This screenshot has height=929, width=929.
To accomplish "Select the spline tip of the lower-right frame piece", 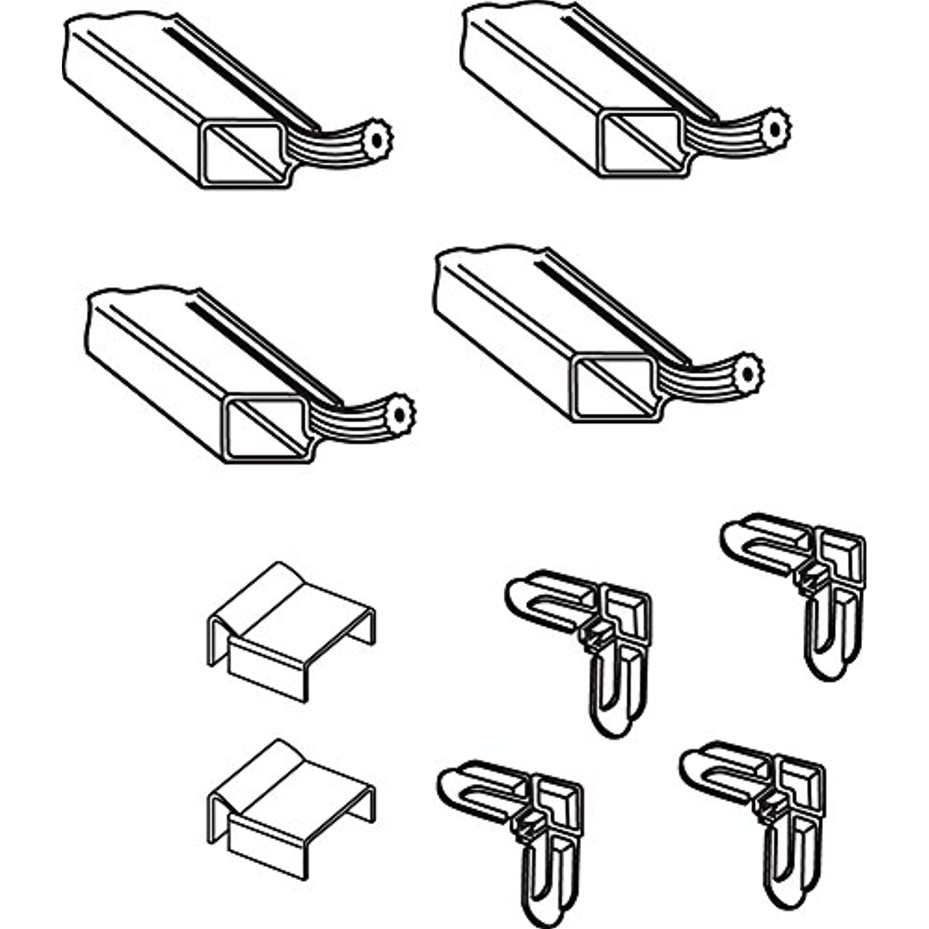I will click(x=748, y=373).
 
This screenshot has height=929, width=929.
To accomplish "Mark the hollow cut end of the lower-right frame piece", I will click(x=614, y=388).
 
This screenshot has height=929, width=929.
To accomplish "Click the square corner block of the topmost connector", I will click(x=839, y=554).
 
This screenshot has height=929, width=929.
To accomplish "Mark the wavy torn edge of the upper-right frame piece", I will click(x=514, y=9).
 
